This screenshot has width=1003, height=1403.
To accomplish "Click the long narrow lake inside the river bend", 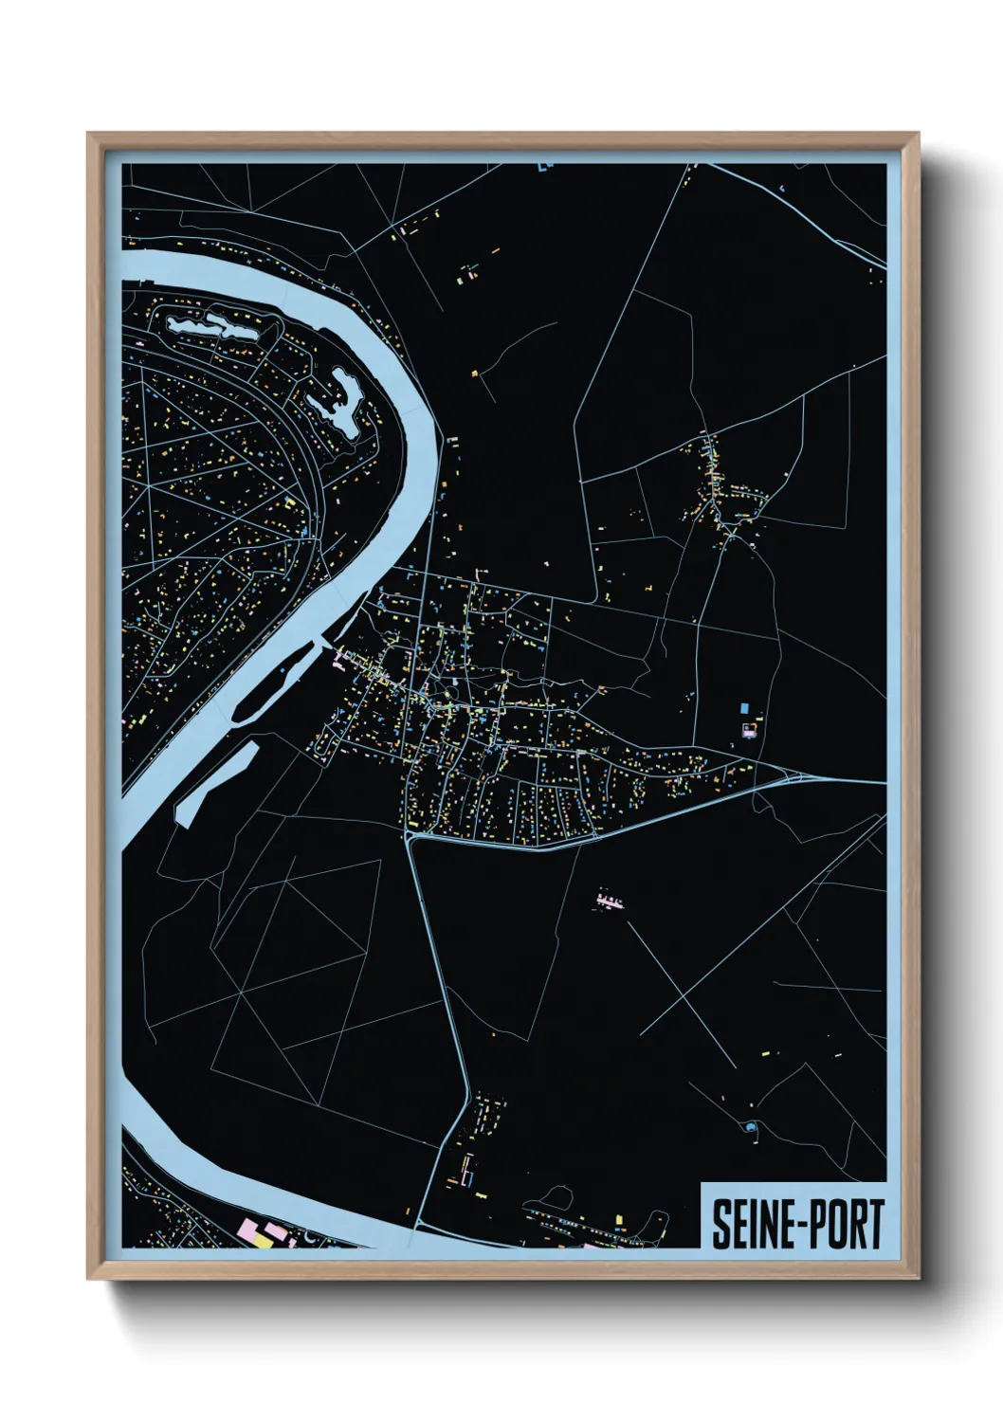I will [x=210, y=328].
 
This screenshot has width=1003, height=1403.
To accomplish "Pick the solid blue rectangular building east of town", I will [x=743, y=707].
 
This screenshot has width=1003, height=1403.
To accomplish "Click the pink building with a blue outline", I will [x=749, y=729].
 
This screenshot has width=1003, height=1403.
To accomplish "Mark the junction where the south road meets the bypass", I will [x=410, y=838].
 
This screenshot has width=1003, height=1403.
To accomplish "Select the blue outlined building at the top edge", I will [x=544, y=167].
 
